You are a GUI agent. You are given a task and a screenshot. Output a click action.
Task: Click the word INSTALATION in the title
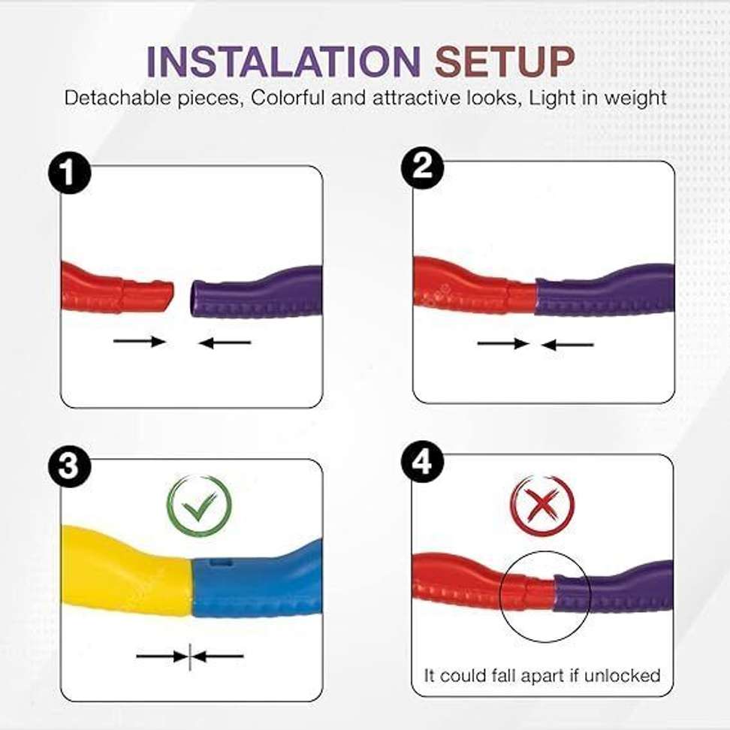point(282,62)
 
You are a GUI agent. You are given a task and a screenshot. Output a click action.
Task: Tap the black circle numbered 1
point(69,174)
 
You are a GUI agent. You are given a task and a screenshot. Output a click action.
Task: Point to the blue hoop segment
point(255,586)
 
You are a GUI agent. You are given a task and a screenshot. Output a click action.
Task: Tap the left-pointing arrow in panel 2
point(568,345)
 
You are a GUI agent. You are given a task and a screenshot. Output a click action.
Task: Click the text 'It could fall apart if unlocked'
point(542,675)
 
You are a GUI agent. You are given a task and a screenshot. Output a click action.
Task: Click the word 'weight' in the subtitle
point(637,98)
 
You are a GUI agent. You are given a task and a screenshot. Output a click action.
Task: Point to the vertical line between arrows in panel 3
point(190,656)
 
